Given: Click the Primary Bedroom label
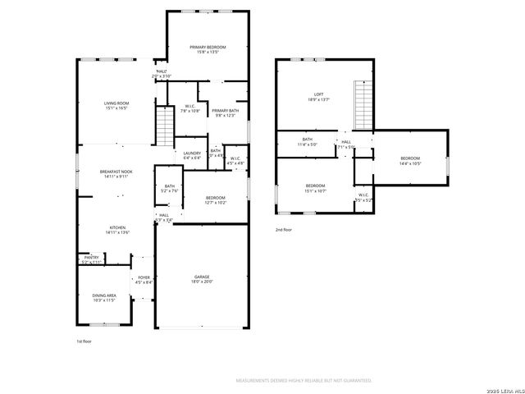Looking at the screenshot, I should click(208, 48).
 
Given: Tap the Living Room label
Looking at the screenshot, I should click(116, 103).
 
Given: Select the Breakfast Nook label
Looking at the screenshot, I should click(115, 171).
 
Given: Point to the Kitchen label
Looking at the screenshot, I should click(117, 227).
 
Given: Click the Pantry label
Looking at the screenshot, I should click(90, 258).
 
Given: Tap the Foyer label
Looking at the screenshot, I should click(144, 277).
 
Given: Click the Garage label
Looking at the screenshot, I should click(202, 277).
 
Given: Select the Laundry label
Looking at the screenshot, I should click(192, 153).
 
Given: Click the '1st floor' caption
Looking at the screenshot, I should click(84, 341).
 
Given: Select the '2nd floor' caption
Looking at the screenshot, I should click(284, 231).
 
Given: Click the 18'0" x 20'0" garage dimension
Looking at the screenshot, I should click(202, 282).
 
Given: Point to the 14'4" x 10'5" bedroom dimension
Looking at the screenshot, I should click(410, 163).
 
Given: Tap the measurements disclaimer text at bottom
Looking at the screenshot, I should click(304, 381).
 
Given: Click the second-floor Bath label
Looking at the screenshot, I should click(307, 139).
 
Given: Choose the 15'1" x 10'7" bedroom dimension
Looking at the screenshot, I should click(316, 190).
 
